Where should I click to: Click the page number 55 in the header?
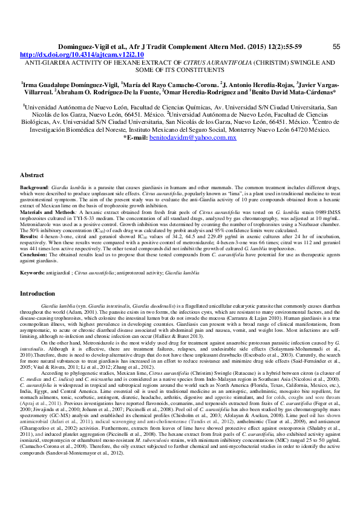(336, 46)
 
